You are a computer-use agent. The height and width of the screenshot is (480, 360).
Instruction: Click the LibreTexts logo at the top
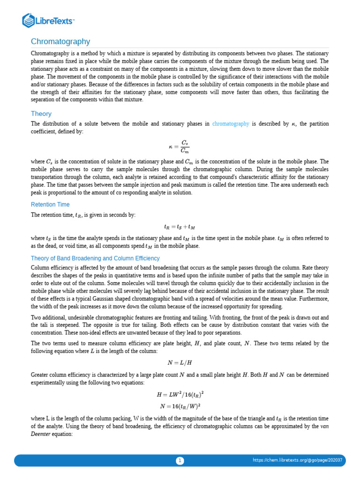point(49,20)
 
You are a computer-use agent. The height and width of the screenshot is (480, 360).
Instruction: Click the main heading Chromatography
point(60,42)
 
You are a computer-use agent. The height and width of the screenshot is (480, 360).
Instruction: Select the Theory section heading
point(41,113)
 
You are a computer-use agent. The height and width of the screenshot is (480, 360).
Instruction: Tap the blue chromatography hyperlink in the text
point(231,124)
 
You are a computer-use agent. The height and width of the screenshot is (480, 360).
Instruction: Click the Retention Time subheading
point(50,204)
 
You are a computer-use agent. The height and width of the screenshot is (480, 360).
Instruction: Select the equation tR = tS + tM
point(180,226)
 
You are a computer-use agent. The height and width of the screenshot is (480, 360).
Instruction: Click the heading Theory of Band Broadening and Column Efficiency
point(95,258)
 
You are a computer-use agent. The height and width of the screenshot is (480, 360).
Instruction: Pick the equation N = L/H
point(180,362)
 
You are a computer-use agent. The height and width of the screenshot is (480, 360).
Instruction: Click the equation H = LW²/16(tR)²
point(180,395)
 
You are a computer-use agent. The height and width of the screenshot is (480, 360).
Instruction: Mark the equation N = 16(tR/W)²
point(180,406)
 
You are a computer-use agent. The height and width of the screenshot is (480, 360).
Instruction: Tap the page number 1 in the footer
point(180,461)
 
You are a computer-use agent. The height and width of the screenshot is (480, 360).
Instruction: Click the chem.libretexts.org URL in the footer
point(297,460)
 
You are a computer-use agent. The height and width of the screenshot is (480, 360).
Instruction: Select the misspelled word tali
point(45,325)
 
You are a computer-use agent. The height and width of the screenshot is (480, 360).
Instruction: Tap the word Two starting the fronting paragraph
point(37,317)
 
